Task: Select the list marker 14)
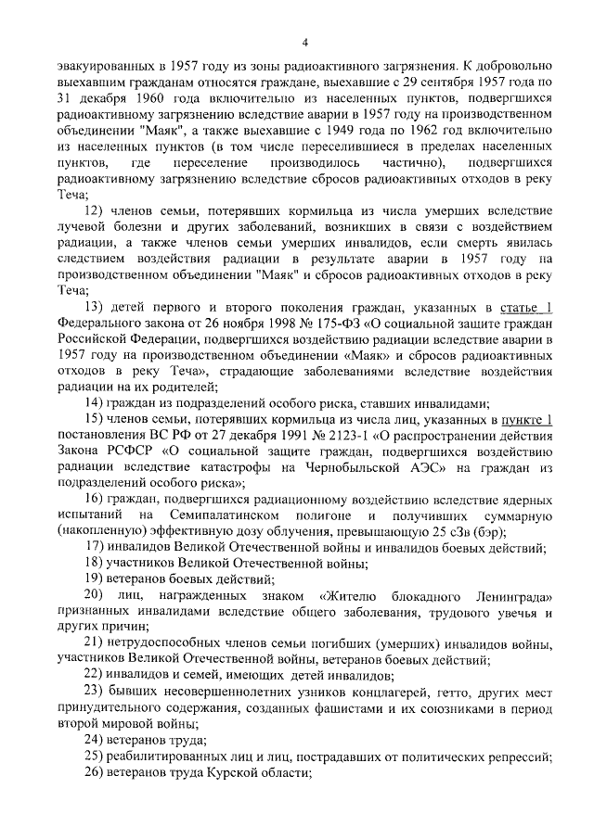pos(95,402)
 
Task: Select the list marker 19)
pos(95,578)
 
